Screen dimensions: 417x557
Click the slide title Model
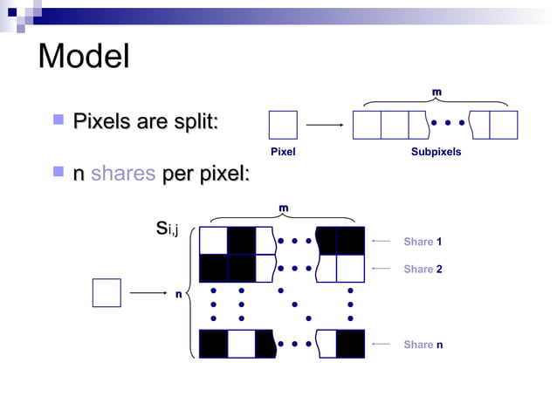pyautogui.click(x=84, y=57)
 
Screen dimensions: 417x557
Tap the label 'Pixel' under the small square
pyautogui.click(x=283, y=152)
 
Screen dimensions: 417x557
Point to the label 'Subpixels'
pyautogui.click(x=436, y=152)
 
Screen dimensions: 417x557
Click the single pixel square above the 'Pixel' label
pyautogui.click(x=283, y=125)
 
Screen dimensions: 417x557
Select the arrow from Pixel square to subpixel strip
pyautogui.click(x=325, y=125)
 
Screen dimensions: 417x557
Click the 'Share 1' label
pyautogui.click(x=423, y=241)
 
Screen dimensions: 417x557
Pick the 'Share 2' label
pyautogui.click(x=423, y=269)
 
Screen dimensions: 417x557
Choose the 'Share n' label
pyautogui.click(x=423, y=345)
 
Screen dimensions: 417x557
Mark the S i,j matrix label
pyautogui.click(x=166, y=229)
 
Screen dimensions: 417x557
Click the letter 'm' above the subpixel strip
pyautogui.click(x=437, y=92)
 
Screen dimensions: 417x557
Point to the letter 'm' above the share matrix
pyautogui.click(x=282, y=207)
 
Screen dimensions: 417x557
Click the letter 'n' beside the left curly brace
pyautogui.click(x=178, y=294)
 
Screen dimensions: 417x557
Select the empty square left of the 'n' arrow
pyautogui.click(x=107, y=293)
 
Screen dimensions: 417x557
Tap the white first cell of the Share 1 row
pyautogui.click(x=213, y=240)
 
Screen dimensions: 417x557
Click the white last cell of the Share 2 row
pyautogui.click(x=350, y=268)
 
